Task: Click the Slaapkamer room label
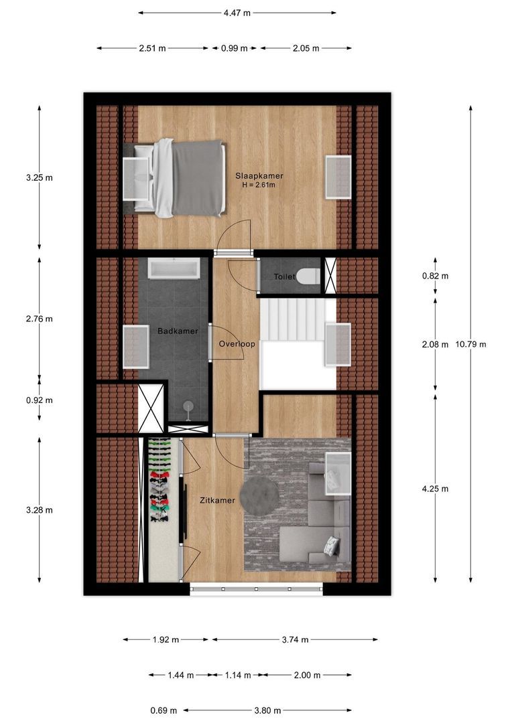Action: tap(259, 175)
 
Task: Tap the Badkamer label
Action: tap(178, 331)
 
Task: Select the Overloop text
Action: tap(237, 344)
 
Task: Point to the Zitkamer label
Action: tap(217, 500)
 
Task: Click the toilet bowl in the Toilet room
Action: tap(308, 276)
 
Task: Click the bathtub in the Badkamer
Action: tap(174, 268)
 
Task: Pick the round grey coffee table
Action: tap(259, 496)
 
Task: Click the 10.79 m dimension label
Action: tap(470, 344)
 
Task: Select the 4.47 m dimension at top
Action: tap(237, 13)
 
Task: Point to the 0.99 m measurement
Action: tap(234, 48)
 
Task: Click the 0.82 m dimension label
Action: tap(435, 276)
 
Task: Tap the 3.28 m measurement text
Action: tap(40, 510)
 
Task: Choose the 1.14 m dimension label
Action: tap(238, 675)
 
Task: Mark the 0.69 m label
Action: tap(164, 710)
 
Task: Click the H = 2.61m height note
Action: tap(259, 185)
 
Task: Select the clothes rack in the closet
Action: tap(159, 480)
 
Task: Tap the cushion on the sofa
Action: tap(330, 546)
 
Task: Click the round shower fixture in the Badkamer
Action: tap(188, 408)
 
